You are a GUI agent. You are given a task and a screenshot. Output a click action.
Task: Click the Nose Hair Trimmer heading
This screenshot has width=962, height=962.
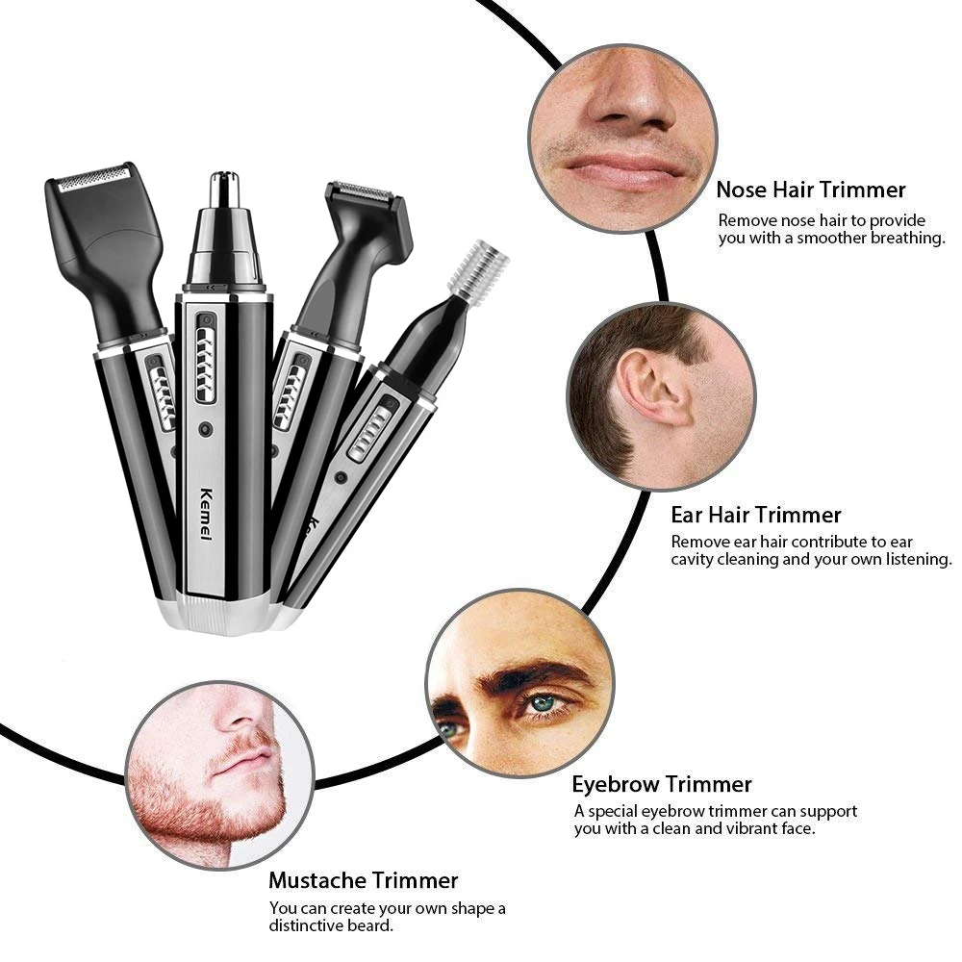click(x=810, y=190)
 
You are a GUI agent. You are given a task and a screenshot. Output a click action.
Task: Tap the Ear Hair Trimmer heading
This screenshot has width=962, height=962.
click(x=756, y=515)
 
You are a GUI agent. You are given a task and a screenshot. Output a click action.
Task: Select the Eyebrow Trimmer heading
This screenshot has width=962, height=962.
click(x=662, y=784)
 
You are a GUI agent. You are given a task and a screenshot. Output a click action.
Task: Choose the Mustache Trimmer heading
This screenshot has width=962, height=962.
click(x=363, y=880)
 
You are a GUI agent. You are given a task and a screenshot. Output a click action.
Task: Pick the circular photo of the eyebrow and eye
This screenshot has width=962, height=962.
click(x=519, y=683)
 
